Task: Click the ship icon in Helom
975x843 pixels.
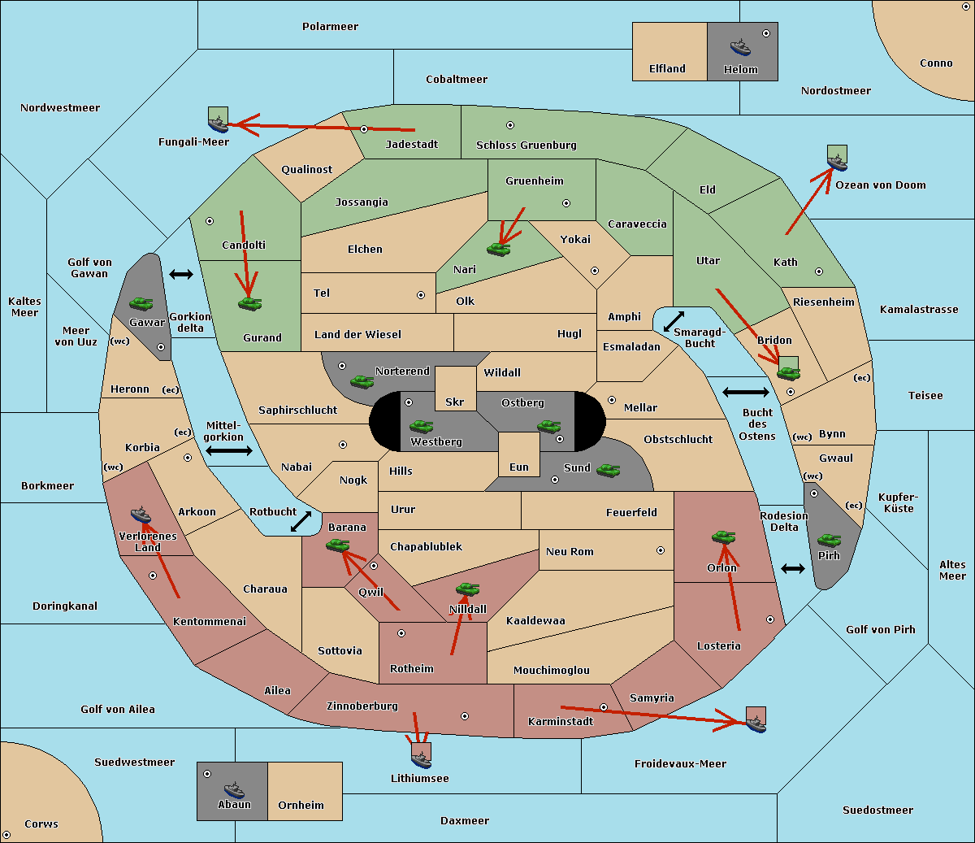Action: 740,47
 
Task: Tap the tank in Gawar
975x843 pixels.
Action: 141,303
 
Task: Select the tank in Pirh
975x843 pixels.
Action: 829,540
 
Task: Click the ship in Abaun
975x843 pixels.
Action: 234,789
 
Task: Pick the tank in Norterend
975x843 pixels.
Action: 362,381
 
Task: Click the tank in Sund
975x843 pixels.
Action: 608,471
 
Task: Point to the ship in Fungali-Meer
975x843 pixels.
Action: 218,124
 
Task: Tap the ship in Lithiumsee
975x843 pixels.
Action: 421,759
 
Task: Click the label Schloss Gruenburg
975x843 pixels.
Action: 526,145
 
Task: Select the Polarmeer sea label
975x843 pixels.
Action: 330,27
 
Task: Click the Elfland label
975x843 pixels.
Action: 667,69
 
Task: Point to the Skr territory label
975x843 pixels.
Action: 455,402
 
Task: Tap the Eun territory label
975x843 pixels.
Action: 519,467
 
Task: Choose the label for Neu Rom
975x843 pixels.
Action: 570,551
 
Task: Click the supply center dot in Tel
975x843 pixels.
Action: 421,295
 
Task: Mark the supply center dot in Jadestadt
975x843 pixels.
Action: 364,129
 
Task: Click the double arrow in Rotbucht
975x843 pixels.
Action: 301,521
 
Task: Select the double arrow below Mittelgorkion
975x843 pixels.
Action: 229,450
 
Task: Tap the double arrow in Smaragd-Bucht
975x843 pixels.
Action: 674,321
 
